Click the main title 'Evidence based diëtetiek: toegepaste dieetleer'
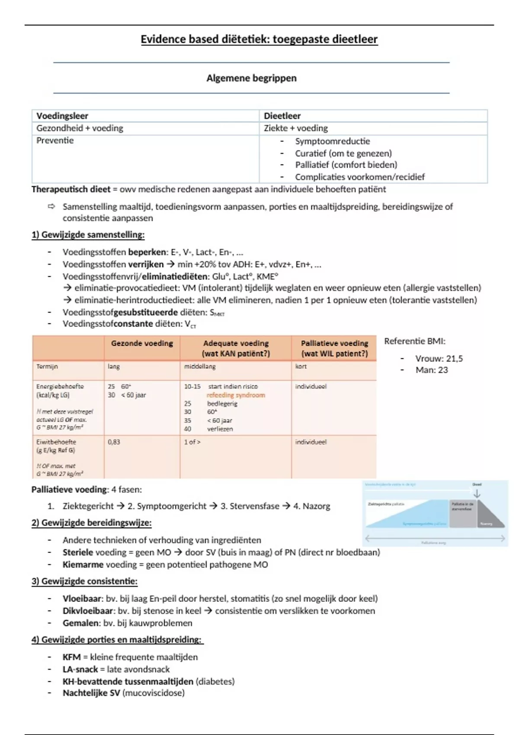[x=259, y=39]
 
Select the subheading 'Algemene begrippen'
[x=251, y=78]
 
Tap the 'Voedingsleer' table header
[x=62, y=116]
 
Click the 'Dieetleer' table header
[x=282, y=116]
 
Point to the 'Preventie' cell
[x=55, y=141]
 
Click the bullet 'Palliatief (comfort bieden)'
[x=346, y=165]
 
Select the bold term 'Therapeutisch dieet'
[x=71, y=189]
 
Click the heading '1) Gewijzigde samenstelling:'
[x=88, y=235]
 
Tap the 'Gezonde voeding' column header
[x=142, y=343]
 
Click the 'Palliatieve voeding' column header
[x=334, y=343]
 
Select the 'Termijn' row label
[x=47, y=367]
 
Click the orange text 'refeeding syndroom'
[x=236, y=395]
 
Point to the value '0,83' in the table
[x=114, y=442]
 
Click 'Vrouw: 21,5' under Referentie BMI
[x=439, y=358]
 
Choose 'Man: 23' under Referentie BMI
[x=431, y=370]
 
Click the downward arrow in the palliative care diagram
[x=477, y=493]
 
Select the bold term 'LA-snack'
[x=80, y=669]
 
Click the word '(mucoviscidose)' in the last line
[x=154, y=693]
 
